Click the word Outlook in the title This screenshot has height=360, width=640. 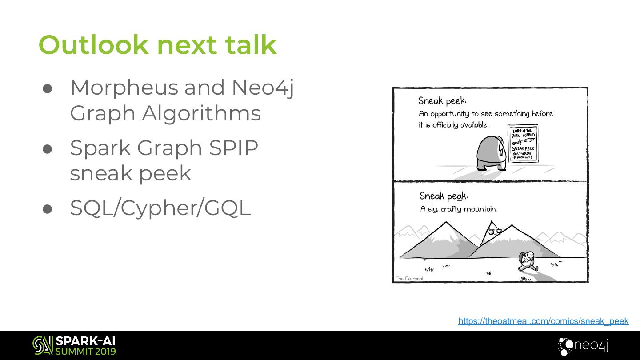tap(93, 45)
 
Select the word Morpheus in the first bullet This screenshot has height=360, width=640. tap(124, 88)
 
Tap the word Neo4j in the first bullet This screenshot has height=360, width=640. tap(263, 88)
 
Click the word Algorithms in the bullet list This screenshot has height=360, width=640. tap(201, 113)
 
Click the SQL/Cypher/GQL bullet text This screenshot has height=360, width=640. tap(160, 208)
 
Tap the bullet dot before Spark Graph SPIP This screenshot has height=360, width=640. tap(48, 149)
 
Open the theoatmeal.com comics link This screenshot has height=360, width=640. tap(543, 321)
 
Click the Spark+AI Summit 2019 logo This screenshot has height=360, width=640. tap(74, 346)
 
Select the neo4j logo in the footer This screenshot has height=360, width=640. tap(583, 346)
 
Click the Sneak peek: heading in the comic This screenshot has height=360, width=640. tap(442, 101)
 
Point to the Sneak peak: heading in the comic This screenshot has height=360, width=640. tap(444, 196)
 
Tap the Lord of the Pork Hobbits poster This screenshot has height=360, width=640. tap(523, 143)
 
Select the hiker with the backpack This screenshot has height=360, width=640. tap(527, 262)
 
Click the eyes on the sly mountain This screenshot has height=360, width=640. tap(495, 232)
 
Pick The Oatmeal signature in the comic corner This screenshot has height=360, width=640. tap(409, 279)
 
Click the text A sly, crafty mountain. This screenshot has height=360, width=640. tap(458, 209)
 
